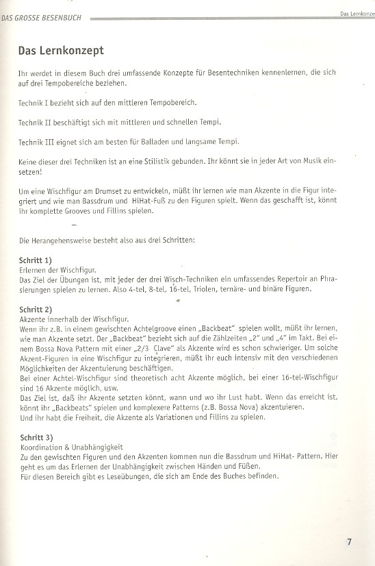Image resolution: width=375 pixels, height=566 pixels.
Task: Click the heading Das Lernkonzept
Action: click(61, 51)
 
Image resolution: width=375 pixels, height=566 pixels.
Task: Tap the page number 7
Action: click(349, 541)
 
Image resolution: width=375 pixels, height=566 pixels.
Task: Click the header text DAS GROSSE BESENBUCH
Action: click(42, 18)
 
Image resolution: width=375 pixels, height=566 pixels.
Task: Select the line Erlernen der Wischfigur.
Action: click(57, 271)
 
